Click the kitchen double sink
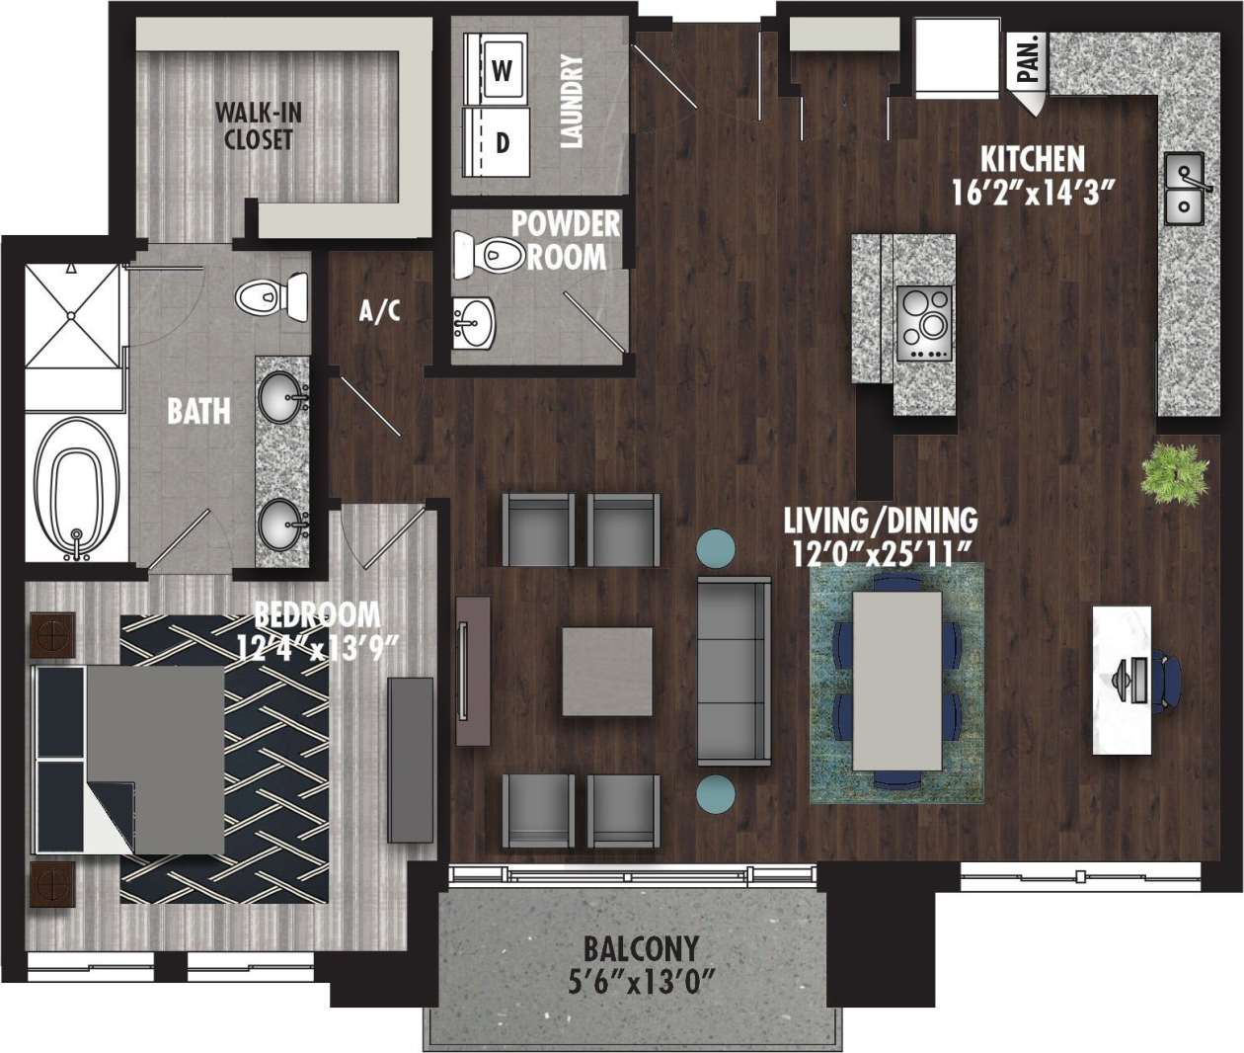coord(1183,188)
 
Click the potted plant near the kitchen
coord(1174,473)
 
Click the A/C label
coord(380,312)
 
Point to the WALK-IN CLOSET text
coord(258,125)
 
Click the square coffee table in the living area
coord(607,672)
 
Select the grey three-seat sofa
coord(734,672)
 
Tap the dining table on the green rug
coord(896,680)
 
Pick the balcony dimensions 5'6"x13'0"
coord(641,984)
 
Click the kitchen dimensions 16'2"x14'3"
coord(1033,191)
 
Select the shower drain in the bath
coord(72,315)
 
